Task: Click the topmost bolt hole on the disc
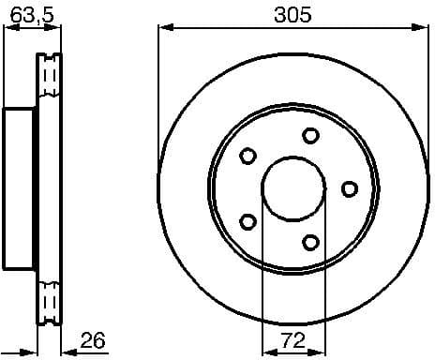311,136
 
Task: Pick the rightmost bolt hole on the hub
349,189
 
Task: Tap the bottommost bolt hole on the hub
311,243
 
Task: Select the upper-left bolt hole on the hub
248,156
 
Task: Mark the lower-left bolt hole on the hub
248,222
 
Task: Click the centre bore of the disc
293,188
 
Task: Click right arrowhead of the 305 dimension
424,28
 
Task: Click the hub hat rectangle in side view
20,188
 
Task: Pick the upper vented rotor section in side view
50,81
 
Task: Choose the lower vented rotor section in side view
50,298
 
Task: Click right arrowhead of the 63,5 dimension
57,28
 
